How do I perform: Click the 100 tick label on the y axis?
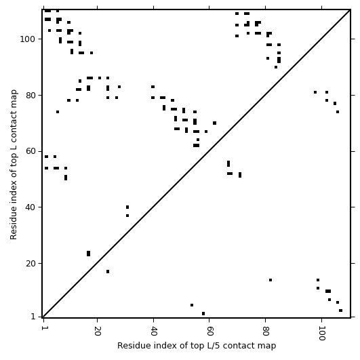click(27, 39)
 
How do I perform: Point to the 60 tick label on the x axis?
click(209, 331)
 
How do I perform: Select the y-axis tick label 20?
click(31, 264)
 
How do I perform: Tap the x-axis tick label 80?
click(266, 331)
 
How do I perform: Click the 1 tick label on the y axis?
click(33, 317)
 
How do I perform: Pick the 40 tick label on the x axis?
click(154, 331)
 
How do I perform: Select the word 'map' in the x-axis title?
click(268, 346)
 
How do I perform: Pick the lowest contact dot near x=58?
click(203, 314)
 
